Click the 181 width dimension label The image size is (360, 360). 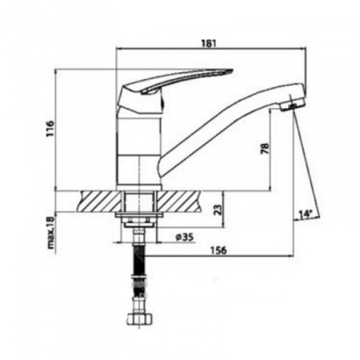[x=209, y=43]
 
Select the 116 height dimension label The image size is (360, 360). [x=50, y=129]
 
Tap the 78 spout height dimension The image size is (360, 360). [x=265, y=149]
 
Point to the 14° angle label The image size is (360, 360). [x=306, y=214]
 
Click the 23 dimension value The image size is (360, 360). [x=218, y=210]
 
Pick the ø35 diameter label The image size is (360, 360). [x=185, y=237]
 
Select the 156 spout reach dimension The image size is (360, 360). [x=218, y=250]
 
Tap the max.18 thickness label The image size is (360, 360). [x=50, y=233]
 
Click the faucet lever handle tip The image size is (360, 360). [x=231, y=71]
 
